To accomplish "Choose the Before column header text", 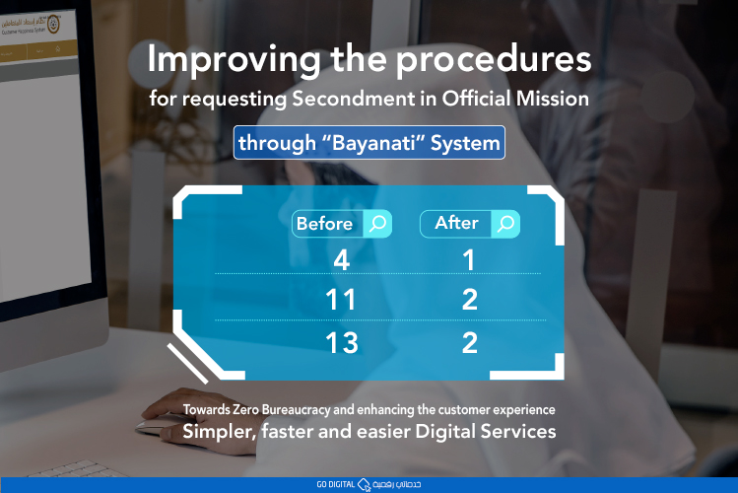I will click(324, 224).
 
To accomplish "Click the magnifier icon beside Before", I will click(377, 224).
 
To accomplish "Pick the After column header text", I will click(456, 223).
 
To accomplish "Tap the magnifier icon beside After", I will click(505, 224).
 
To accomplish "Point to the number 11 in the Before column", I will click(341, 300).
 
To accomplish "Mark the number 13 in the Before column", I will click(341, 343).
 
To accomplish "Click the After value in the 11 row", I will click(469, 300).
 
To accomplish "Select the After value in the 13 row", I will click(469, 343).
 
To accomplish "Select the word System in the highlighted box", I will click(467, 144).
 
